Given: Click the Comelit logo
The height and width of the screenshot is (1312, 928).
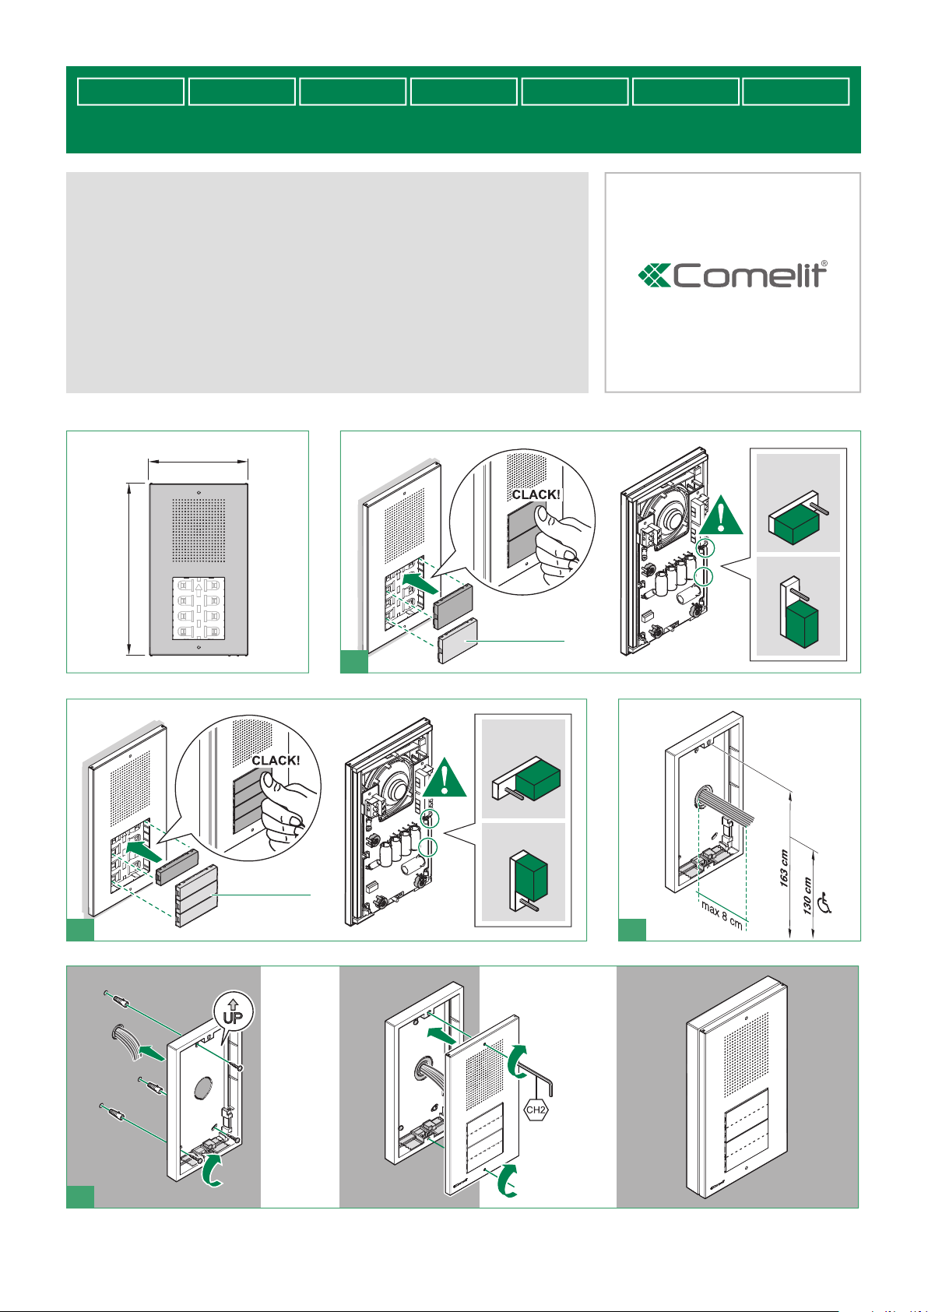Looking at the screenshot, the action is click(733, 275).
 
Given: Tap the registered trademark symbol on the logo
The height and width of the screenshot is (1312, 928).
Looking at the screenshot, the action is click(824, 264).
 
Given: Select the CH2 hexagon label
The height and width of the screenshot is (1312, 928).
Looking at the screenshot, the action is click(536, 1110).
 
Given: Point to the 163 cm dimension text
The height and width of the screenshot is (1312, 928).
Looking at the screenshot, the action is click(784, 868).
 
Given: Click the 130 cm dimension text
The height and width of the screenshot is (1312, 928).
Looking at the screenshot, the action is click(807, 895).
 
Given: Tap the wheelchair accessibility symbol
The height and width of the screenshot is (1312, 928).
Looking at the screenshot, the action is click(825, 902).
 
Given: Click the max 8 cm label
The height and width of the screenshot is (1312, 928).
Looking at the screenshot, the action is click(722, 916).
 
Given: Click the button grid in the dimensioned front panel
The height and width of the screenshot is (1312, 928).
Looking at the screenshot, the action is click(199, 608).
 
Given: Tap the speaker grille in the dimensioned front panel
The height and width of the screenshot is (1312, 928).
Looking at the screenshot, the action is click(199, 530).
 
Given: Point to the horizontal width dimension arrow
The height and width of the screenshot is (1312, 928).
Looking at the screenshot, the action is click(199, 462).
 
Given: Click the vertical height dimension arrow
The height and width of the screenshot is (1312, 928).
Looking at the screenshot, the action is click(128, 568).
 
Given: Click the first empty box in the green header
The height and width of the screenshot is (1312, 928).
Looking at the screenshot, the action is click(131, 92).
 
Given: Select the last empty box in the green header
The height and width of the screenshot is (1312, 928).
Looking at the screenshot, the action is click(796, 92).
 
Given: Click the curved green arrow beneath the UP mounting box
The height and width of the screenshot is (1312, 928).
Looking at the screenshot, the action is click(211, 1171).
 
